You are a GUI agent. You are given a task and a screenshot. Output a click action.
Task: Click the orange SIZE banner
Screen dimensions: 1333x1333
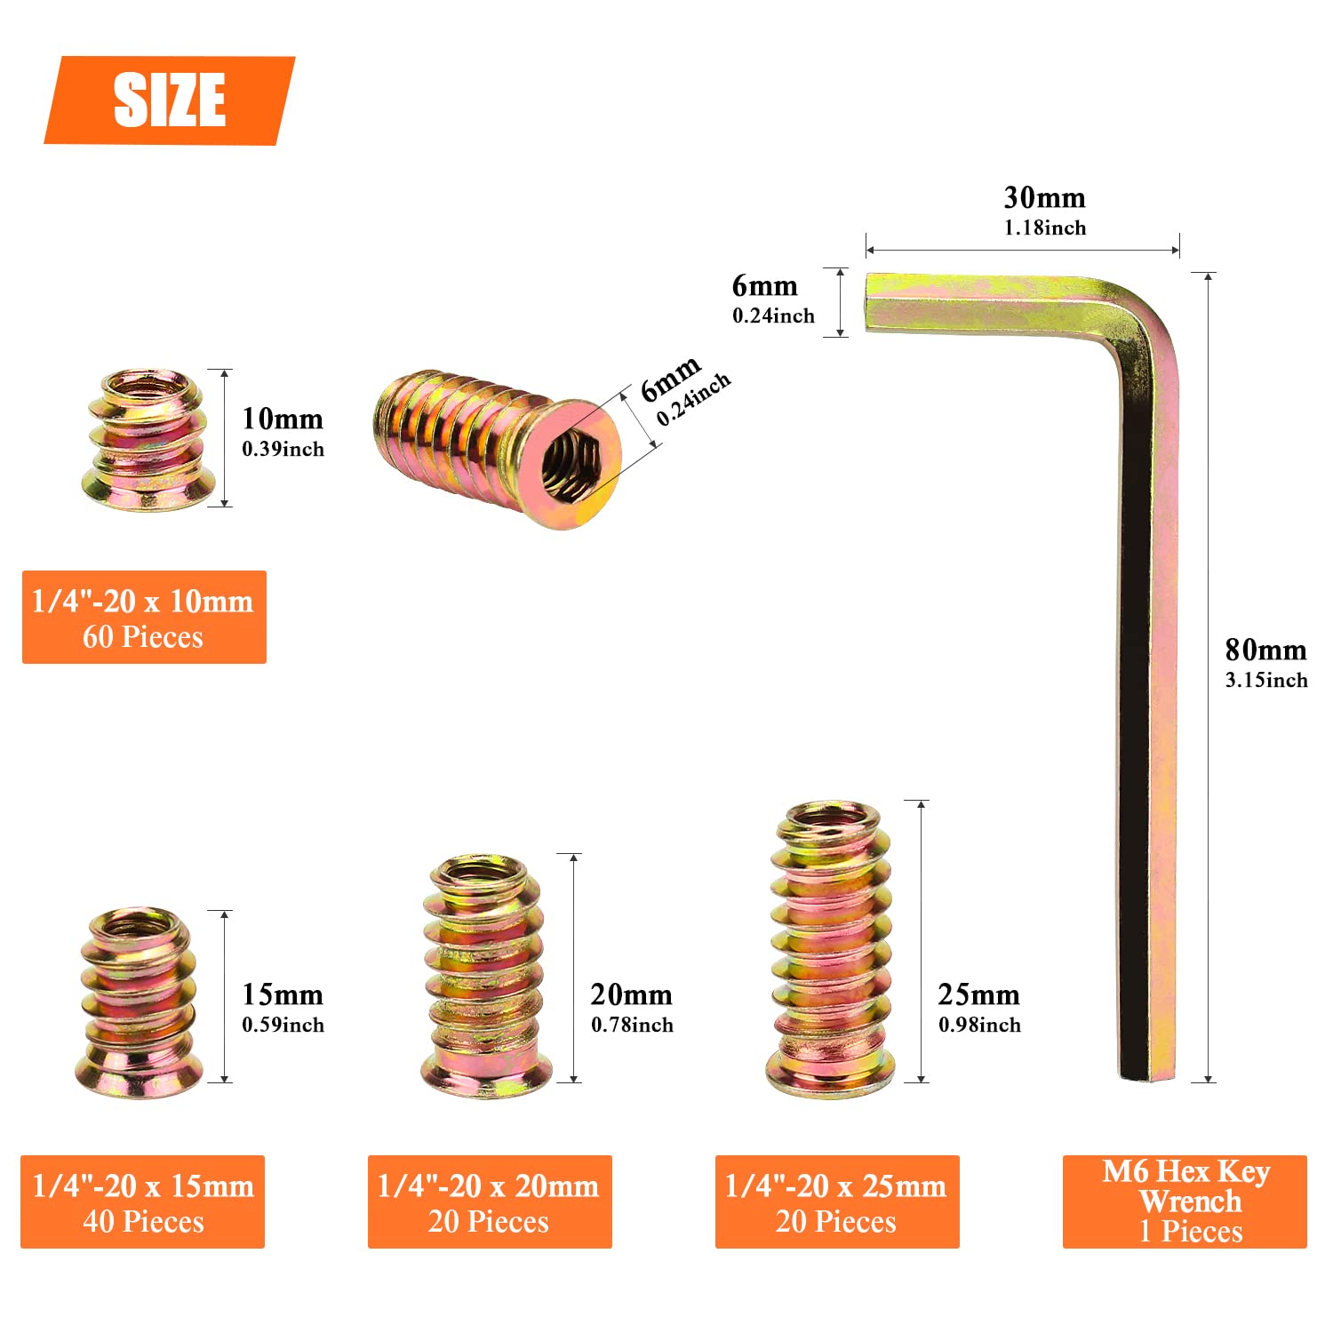click(x=169, y=100)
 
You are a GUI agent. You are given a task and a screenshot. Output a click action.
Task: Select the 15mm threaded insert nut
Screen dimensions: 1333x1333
click(x=140, y=1002)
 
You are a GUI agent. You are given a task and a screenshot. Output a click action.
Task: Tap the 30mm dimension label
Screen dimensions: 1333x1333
click(x=1044, y=197)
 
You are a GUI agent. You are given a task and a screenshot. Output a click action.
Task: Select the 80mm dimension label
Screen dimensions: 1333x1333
click(x=1265, y=651)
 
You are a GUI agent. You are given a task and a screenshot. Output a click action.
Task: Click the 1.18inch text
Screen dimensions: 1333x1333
click(x=1045, y=227)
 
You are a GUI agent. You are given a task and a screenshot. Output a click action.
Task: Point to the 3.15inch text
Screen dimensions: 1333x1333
click(x=1266, y=681)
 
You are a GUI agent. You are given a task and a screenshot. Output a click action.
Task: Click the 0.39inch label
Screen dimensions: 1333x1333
click(x=283, y=449)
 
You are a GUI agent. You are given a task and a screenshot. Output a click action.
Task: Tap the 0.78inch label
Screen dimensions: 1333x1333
click(x=632, y=1026)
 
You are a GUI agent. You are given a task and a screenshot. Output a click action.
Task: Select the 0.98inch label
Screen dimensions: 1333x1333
click(x=979, y=1026)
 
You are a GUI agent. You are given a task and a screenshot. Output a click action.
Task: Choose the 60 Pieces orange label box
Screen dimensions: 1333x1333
click(x=144, y=618)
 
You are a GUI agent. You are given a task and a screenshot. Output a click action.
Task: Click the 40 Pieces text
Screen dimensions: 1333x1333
click(x=143, y=1222)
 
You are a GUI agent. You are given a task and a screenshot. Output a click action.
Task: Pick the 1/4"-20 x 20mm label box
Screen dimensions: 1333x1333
click(x=490, y=1201)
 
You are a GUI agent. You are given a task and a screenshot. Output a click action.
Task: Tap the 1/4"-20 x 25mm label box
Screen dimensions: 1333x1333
click(x=837, y=1201)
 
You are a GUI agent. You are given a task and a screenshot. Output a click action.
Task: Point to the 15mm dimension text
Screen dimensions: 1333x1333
click(x=283, y=994)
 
